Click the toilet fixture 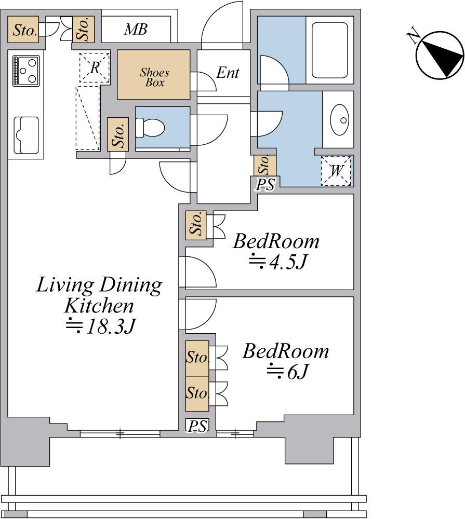[x=150, y=128]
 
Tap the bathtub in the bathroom [x=330, y=50]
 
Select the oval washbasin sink [x=340, y=120]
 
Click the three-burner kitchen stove [x=26, y=71]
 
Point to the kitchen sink [x=26, y=135]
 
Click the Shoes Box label [x=154, y=77]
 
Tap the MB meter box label [x=136, y=30]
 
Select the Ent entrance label [x=228, y=73]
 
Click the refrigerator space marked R [x=95, y=67]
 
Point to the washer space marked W [x=336, y=170]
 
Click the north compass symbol [x=440, y=56]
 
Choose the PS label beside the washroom [x=265, y=185]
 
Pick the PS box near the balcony [x=197, y=426]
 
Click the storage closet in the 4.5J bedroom [x=196, y=225]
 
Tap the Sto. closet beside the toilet [x=118, y=134]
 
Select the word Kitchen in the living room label [x=99, y=306]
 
